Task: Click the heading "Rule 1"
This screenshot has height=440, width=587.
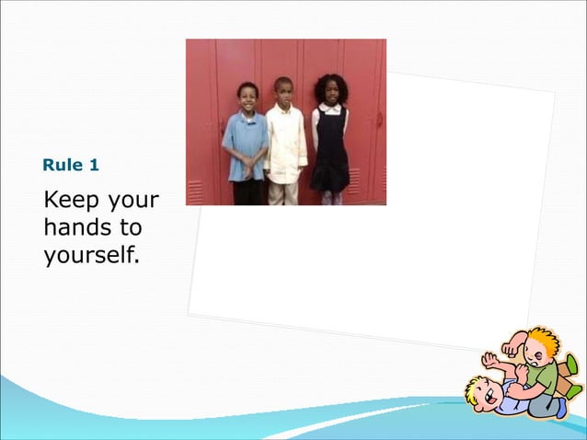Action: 71,167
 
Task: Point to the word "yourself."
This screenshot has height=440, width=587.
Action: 92,253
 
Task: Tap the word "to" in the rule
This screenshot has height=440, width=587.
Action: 129,227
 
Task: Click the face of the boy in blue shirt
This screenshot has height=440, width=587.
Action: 247,97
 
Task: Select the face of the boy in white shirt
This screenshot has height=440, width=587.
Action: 283,92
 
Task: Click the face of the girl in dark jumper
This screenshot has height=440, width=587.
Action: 329,92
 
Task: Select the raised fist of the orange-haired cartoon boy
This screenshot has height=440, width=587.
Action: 510,350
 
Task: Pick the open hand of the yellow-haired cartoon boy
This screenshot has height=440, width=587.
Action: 489,359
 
